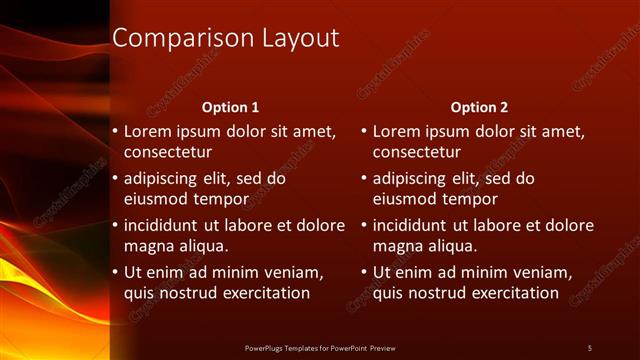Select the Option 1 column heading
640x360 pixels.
coord(230,107)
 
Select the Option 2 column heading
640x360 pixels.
coord(479,107)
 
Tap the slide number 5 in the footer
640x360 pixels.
coord(589,347)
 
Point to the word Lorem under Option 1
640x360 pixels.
coord(147,131)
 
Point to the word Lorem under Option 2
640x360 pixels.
coord(396,131)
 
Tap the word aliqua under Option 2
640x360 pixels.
coord(452,246)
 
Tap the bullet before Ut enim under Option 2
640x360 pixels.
coord(364,272)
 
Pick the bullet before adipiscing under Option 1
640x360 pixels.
coord(115,179)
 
